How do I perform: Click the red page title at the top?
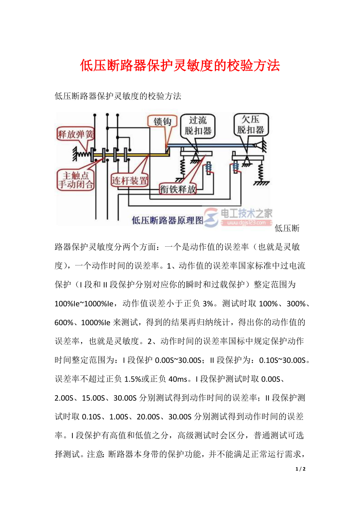coord(180,66)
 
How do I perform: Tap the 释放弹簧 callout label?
coord(76,135)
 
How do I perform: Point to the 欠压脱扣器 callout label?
coord(250,124)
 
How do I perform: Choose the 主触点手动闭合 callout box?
coord(76,179)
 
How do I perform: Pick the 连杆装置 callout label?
coord(130,181)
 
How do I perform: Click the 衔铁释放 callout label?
coord(178,189)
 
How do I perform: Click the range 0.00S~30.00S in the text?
coord(178,360)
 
